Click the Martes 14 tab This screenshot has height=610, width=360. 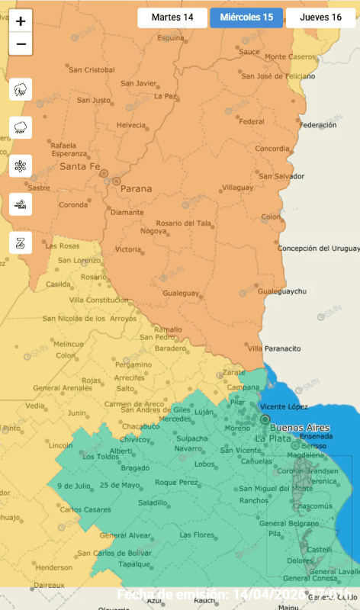pyautogui.click(x=172, y=18)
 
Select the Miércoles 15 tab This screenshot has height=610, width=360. pyautogui.click(x=246, y=18)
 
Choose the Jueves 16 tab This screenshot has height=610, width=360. pyautogui.click(x=320, y=18)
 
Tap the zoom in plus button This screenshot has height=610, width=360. pyautogui.click(x=21, y=21)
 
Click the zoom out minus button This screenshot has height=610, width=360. pyautogui.click(x=21, y=44)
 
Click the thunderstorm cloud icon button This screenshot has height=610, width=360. pyautogui.click(x=21, y=89)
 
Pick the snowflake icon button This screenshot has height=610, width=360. pyautogui.click(x=21, y=165)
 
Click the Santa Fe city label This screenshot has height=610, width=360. pyautogui.click(x=80, y=166)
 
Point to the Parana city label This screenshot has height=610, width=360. pyautogui.click(x=137, y=188)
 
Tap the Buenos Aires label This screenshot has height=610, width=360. pyautogui.click(x=297, y=428)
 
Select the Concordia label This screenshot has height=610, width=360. pyautogui.click(x=272, y=149)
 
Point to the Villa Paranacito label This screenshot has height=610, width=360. pyautogui.click(x=275, y=348)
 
